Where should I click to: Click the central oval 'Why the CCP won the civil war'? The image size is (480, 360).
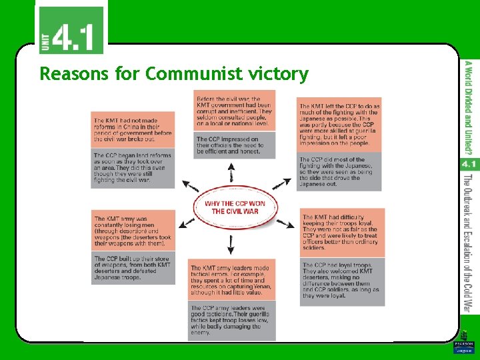pyautogui.click(x=234, y=207)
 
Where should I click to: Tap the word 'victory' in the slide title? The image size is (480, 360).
pyautogui.click(x=280, y=73)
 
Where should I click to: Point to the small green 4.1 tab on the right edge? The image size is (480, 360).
pyautogui.click(x=468, y=163)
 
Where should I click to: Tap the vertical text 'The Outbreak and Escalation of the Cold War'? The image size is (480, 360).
pyautogui.click(x=468, y=243)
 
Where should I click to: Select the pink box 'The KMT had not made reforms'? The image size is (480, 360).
pyautogui.click(x=133, y=129)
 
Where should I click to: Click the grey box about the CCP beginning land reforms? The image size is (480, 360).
pyautogui.click(x=133, y=167)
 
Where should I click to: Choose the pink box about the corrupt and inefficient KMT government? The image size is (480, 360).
pyautogui.click(x=234, y=111)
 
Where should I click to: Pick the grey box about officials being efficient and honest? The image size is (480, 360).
pyautogui.click(x=234, y=146)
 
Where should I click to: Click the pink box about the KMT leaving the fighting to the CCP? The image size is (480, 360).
pyautogui.click(x=339, y=125)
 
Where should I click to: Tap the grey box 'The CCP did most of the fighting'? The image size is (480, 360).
pyautogui.click(x=339, y=172)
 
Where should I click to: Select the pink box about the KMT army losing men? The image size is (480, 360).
pyautogui.click(x=133, y=231)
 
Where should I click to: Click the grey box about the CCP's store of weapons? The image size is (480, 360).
pyautogui.click(x=133, y=268)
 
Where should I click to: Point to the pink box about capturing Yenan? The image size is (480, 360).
pyautogui.click(x=234, y=280)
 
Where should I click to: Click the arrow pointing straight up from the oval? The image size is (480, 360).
pyautogui.click(x=231, y=175)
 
